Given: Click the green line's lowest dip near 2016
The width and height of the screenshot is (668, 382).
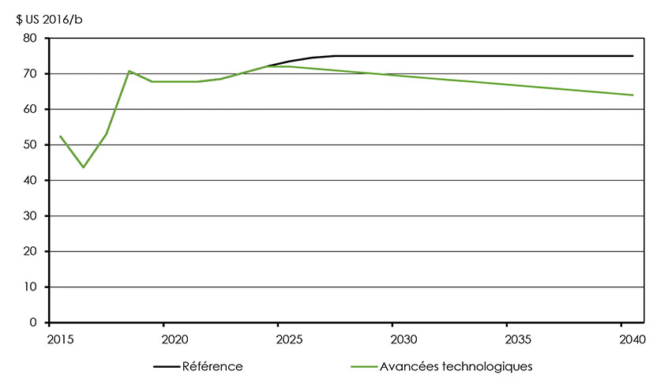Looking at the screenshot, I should point(83,167).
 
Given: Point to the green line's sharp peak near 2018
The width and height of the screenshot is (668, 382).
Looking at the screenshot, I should point(129,71).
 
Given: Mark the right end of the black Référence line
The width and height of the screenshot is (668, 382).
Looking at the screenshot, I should point(632,56).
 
